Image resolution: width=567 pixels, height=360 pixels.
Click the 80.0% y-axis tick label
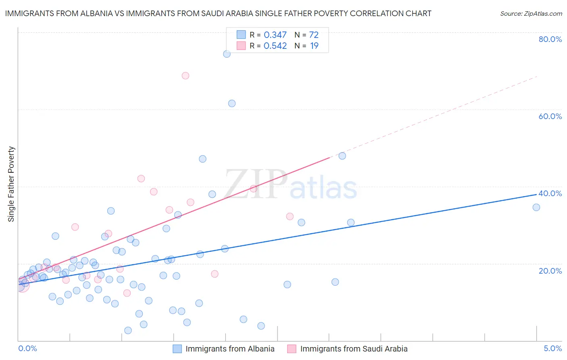click(x=550, y=39)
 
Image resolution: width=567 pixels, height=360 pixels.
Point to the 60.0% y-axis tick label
click(x=550, y=116)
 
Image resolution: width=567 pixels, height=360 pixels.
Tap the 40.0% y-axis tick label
click(x=550, y=193)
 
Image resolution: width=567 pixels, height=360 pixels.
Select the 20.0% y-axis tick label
click(x=550, y=270)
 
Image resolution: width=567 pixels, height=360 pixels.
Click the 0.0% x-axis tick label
click(x=27, y=349)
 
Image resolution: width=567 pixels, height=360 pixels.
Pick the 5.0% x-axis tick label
click(x=552, y=349)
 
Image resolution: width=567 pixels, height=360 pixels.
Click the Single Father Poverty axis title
click(x=11, y=184)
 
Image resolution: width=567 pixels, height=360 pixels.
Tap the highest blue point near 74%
click(x=227, y=54)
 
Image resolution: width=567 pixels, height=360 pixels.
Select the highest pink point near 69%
click(x=186, y=75)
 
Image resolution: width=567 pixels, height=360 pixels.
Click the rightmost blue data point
click(x=536, y=207)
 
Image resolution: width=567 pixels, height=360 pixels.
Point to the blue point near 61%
click(x=232, y=103)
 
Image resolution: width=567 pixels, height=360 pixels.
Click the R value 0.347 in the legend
click(x=275, y=35)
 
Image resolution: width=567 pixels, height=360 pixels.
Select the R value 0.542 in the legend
click(x=275, y=46)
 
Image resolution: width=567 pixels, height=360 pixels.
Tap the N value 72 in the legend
click(x=314, y=35)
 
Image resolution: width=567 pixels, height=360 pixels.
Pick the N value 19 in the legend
click(x=314, y=46)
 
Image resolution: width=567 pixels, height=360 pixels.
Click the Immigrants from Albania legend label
click(x=230, y=349)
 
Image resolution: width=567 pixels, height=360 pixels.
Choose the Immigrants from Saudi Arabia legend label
click(x=354, y=349)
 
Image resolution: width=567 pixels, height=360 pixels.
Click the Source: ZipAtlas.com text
click(x=531, y=14)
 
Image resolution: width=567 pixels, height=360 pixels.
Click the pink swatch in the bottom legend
click(x=292, y=349)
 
